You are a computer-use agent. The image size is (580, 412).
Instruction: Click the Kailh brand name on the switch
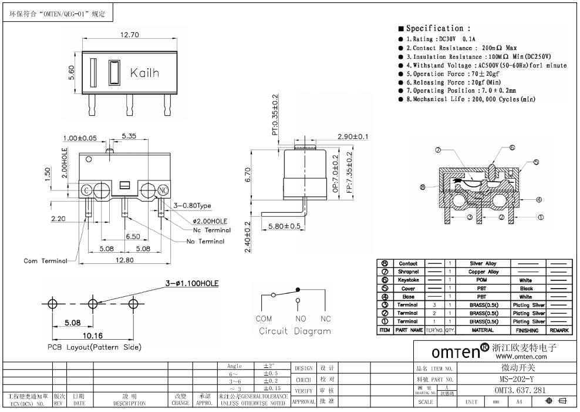[144, 73]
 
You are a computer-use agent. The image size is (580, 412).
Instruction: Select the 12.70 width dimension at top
[129, 35]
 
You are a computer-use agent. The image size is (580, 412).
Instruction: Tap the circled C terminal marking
[86, 190]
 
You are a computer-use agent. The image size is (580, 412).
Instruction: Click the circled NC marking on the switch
[164, 190]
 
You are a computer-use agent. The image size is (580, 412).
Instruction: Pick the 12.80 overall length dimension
[122, 260]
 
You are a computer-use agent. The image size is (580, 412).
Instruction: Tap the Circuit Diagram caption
[295, 331]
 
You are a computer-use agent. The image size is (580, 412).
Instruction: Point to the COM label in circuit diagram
[264, 319]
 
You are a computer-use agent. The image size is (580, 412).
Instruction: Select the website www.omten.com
[521, 356]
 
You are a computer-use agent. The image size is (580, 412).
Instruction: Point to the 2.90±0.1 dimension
[353, 137]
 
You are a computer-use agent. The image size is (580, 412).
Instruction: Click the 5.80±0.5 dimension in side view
[284, 226]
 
